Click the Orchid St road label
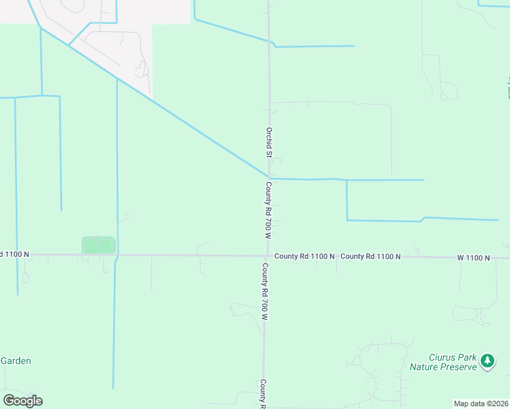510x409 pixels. point(269,142)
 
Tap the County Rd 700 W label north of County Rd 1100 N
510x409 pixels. point(269,210)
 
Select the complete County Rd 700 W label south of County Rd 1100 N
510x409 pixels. point(265,292)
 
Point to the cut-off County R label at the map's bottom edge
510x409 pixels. point(262,394)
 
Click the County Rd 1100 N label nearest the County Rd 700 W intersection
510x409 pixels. point(304,256)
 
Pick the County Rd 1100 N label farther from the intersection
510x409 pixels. point(370,256)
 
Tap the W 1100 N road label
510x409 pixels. point(473,257)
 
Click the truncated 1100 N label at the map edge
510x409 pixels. point(15,254)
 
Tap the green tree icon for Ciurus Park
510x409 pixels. point(487,361)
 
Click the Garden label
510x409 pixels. point(16,361)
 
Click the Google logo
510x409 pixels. point(22,401)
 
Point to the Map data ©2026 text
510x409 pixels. point(481,403)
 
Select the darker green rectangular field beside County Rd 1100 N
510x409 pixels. point(97,245)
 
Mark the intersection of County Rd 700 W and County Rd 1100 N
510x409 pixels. point(267,256)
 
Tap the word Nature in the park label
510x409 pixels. point(425,367)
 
